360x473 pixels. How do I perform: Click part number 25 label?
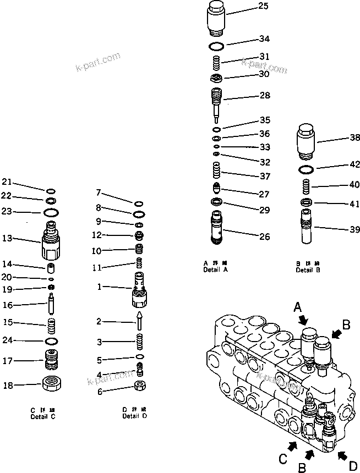point(263,7)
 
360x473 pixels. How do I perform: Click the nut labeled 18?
point(54,383)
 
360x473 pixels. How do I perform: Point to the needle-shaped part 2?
point(139,321)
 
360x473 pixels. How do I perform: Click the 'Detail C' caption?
point(43,416)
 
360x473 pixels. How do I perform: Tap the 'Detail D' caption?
point(135,416)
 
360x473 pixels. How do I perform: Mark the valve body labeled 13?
point(50,241)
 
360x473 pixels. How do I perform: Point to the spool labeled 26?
point(218,228)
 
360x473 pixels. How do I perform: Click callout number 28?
point(264,96)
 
